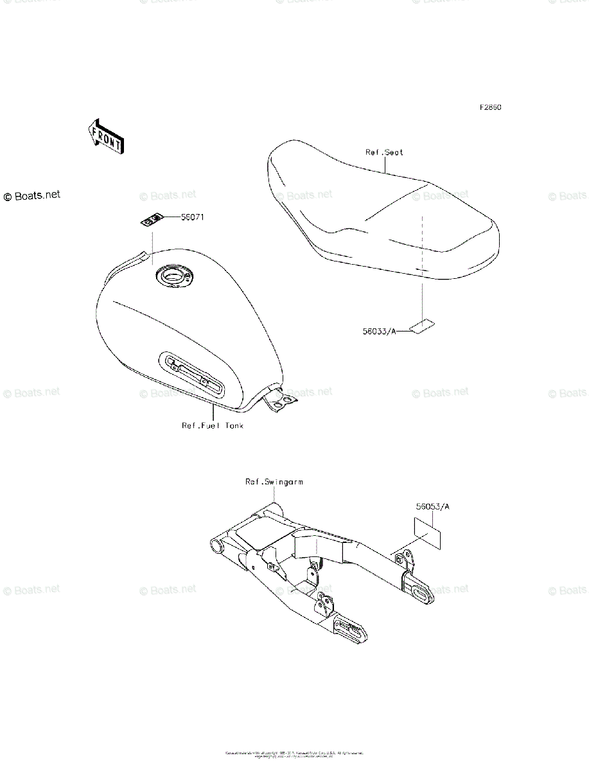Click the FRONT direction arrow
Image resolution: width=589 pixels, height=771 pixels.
[x=105, y=136]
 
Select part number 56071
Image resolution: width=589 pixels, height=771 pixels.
[x=192, y=217]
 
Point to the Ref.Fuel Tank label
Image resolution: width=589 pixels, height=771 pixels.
[x=213, y=425]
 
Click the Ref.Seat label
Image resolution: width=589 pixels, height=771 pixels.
[x=385, y=152]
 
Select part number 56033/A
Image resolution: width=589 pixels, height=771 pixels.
[x=378, y=331]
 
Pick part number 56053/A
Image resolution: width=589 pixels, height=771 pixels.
[x=432, y=506]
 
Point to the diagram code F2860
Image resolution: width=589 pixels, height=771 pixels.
[x=490, y=107]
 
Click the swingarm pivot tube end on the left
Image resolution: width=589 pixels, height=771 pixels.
[x=216, y=547]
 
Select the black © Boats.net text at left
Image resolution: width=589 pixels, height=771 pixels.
[x=31, y=195]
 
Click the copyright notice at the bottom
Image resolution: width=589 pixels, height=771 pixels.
[x=294, y=754]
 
